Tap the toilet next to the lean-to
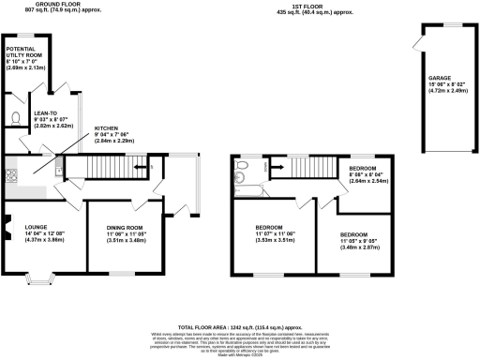[16, 118]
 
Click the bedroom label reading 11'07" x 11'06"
[270, 232]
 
